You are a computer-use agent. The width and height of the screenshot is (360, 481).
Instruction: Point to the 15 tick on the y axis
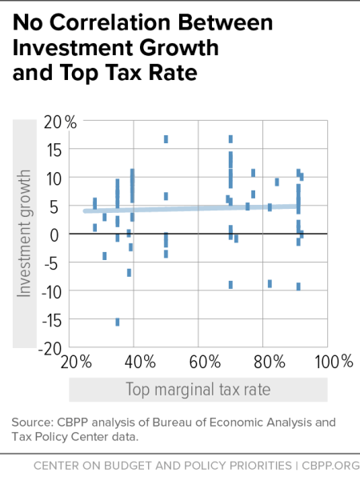[54, 148]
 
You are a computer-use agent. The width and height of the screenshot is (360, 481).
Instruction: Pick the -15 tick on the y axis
[50, 320]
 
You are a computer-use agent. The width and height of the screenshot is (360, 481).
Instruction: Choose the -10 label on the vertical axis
[50, 291]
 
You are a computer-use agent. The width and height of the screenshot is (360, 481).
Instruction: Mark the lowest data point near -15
[118, 322]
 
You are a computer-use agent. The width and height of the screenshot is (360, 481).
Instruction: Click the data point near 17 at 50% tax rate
[166, 139]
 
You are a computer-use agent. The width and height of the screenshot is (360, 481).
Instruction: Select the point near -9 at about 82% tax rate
[270, 283]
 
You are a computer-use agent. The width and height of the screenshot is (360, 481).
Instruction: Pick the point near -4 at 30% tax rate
[105, 256]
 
